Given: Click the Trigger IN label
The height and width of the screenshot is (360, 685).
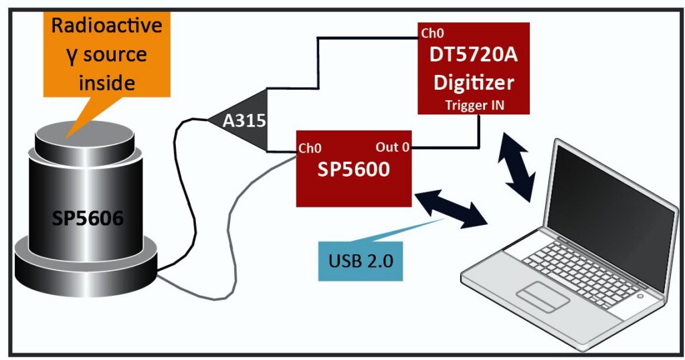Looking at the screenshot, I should click(x=474, y=105).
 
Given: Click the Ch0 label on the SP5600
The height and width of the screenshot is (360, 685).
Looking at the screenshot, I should click(x=312, y=148).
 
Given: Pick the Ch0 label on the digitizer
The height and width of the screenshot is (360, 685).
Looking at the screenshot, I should click(x=432, y=32).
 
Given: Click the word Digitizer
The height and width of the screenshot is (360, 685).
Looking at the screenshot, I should click(x=474, y=82).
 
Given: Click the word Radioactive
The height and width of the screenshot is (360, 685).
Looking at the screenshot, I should click(x=107, y=26).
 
